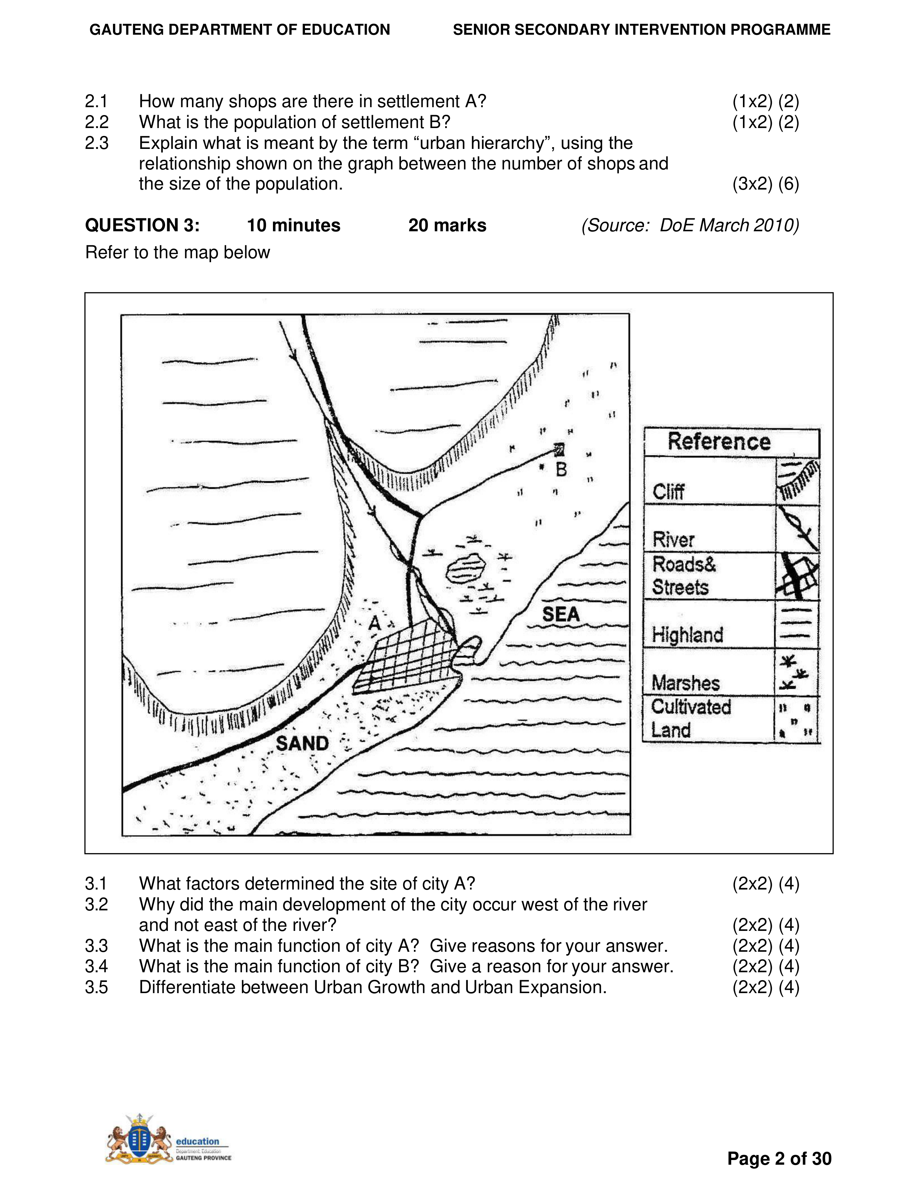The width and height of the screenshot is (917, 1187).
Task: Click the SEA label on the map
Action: click(561, 615)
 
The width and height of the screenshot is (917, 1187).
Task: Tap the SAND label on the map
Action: click(302, 743)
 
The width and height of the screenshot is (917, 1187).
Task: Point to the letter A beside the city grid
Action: click(374, 623)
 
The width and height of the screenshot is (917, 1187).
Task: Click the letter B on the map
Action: click(561, 469)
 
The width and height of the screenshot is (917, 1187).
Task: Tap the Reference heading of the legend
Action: click(719, 441)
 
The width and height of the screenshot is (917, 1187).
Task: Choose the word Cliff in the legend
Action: click(668, 492)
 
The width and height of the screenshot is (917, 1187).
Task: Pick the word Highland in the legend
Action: click(687, 635)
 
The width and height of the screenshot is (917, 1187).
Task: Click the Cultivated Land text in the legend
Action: click(691, 718)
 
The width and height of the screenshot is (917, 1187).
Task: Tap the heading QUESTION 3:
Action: click(142, 225)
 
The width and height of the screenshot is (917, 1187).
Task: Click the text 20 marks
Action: click(447, 225)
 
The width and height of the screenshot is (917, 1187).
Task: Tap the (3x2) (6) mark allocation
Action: click(766, 184)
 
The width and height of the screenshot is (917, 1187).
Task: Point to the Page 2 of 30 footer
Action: click(779, 1159)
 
